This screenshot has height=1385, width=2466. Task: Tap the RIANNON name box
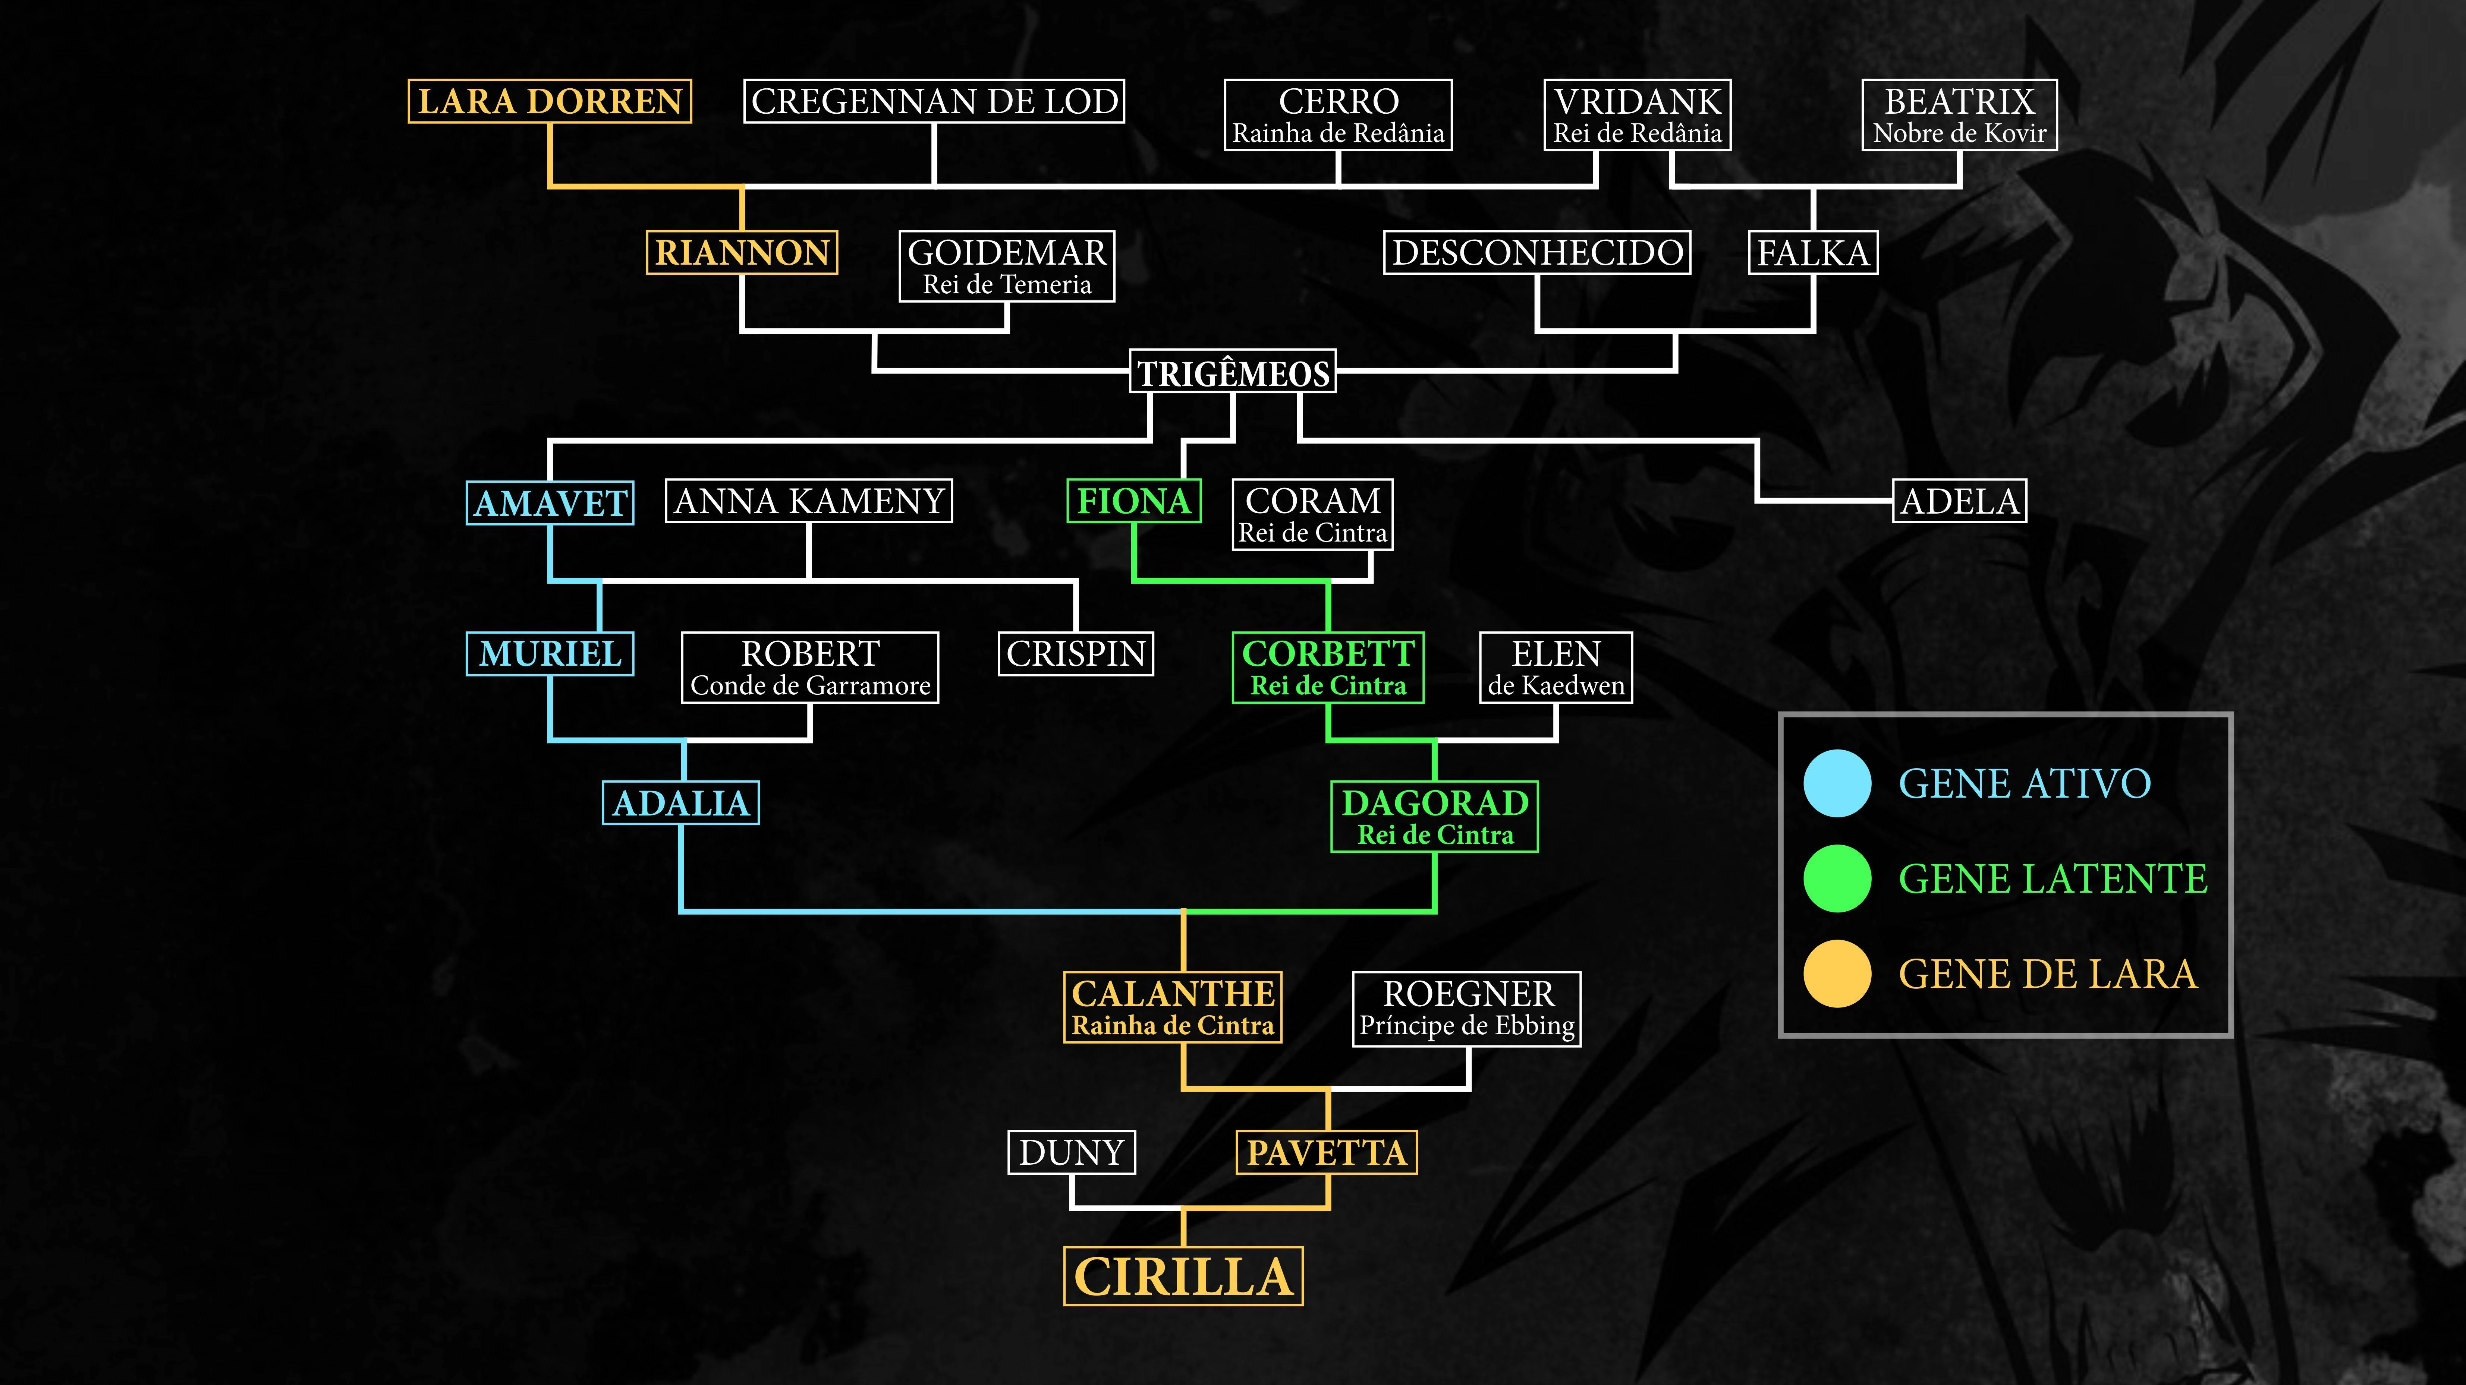pyautogui.click(x=742, y=253)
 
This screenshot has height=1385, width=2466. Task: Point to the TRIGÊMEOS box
pyautogui.click(x=1233, y=372)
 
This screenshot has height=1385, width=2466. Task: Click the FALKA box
pyautogui.click(x=1812, y=253)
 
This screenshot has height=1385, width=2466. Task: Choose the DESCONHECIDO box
pyautogui.click(x=1536, y=253)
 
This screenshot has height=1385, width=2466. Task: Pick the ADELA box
pyautogui.click(x=1960, y=501)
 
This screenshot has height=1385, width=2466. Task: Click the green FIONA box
pyautogui.click(x=1133, y=501)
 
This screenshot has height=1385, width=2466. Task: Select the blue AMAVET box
pyautogui.click(x=550, y=502)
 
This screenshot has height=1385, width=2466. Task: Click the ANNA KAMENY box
pyautogui.click(x=809, y=501)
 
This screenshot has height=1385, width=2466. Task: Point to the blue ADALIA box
pyautogui.click(x=681, y=803)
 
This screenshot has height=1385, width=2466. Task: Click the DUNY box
pyautogui.click(x=1071, y=1152)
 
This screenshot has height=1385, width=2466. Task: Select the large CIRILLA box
pyautogui.click(x=1183, y=1276)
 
